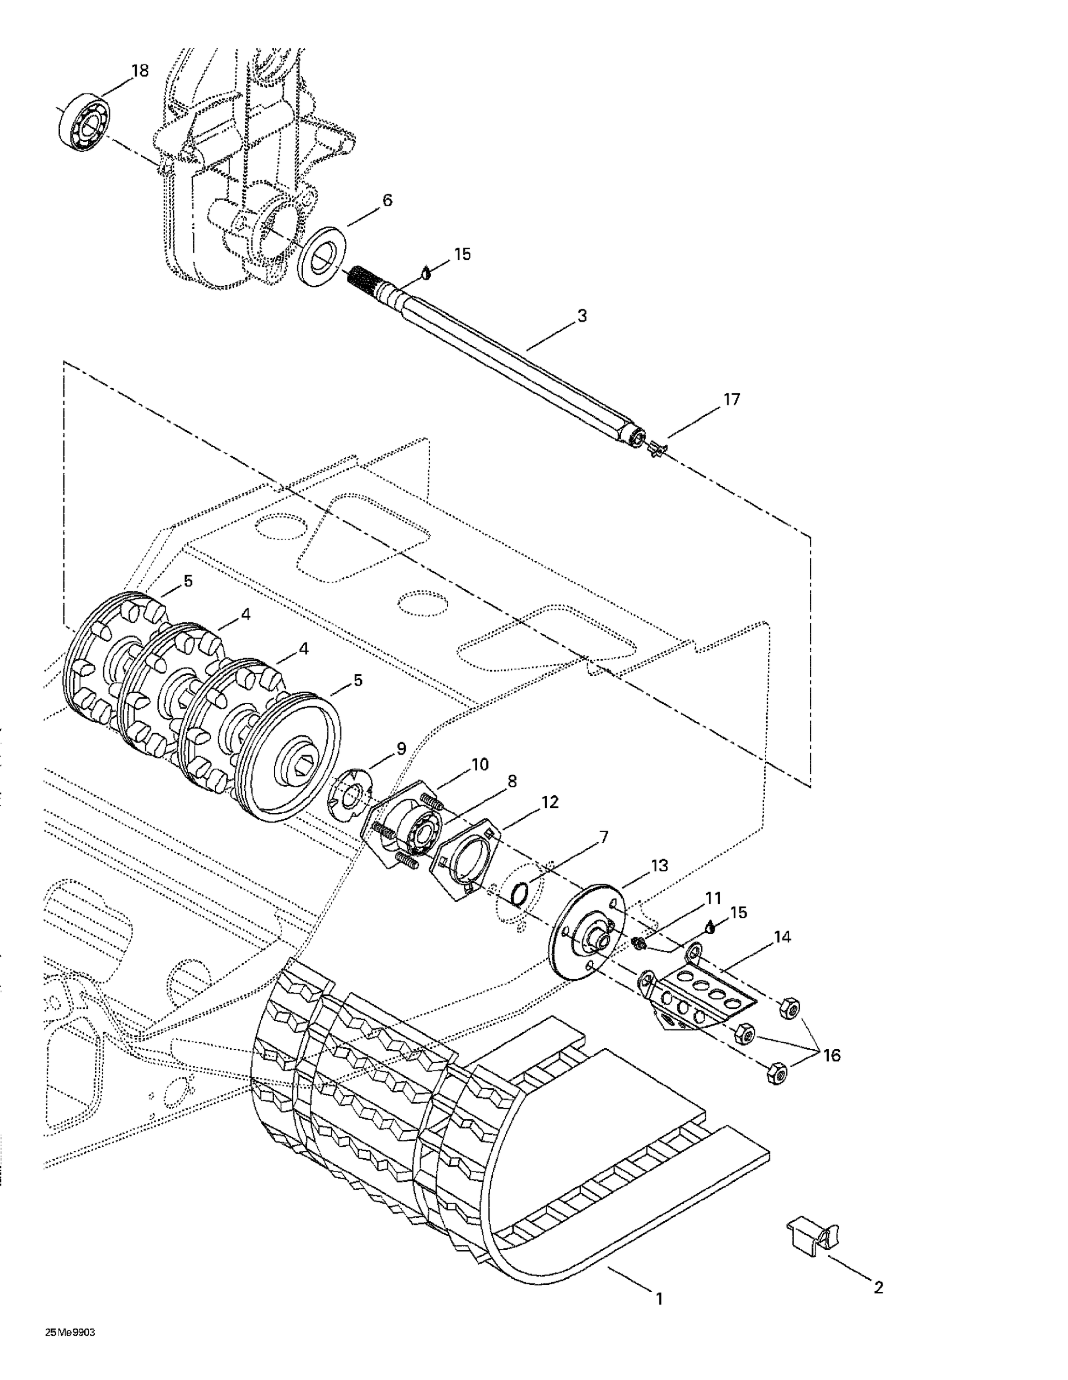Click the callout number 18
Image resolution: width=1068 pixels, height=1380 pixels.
click(140, 71)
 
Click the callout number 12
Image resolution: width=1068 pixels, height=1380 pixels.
click(549, 803)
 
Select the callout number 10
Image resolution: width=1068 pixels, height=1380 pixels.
click(479, 765)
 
